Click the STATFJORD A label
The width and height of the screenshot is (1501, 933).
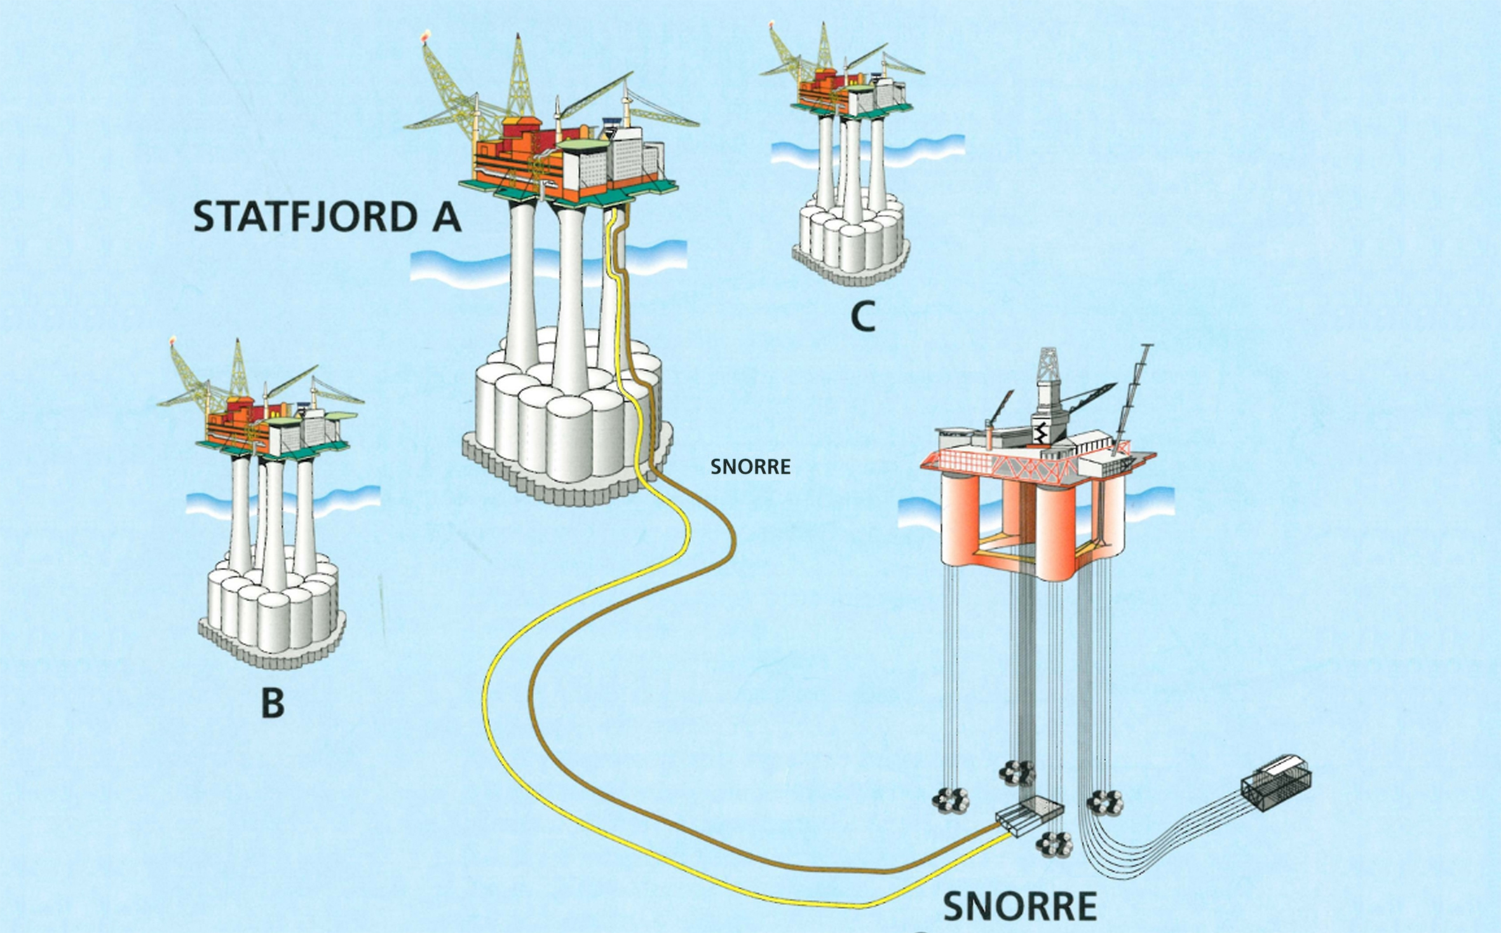coord(327,217)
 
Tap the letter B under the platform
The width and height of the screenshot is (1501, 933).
coord(273,704)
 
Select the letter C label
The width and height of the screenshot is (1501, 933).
coord(863,316)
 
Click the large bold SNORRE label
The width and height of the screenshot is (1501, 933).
coord(1020,906)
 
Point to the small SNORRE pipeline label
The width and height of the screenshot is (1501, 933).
coord(750,467)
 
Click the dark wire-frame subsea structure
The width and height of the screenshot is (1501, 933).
coord(1276,782)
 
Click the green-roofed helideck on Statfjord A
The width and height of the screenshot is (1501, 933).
coord(583,147)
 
